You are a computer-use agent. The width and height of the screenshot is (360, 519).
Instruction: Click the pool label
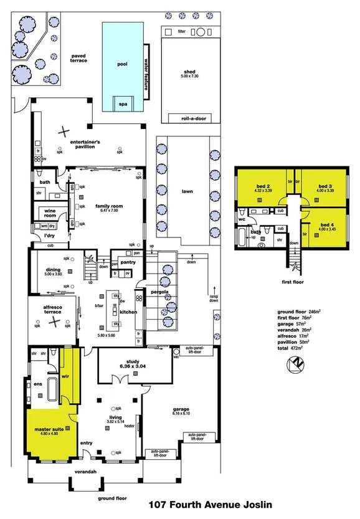(122, 64)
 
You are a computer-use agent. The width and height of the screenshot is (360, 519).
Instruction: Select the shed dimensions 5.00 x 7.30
(186, 76)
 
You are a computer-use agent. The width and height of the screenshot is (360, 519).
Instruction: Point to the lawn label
(187, 192)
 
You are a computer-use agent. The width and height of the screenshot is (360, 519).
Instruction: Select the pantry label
(128, 262)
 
